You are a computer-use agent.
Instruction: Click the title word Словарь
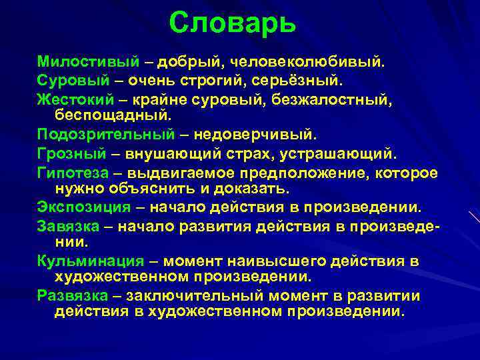pos(231,23)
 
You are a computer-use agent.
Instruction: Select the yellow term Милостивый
pos(88,62)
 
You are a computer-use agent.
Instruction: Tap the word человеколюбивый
pos(307,62)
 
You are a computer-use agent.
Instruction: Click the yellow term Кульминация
pos(90,261)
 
